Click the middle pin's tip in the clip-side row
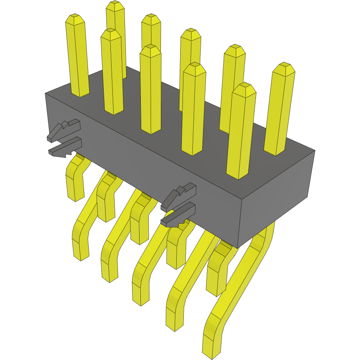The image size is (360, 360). click(151, 49)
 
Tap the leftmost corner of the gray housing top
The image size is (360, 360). click(45, 93)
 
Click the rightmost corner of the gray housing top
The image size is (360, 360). click(315, 150)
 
